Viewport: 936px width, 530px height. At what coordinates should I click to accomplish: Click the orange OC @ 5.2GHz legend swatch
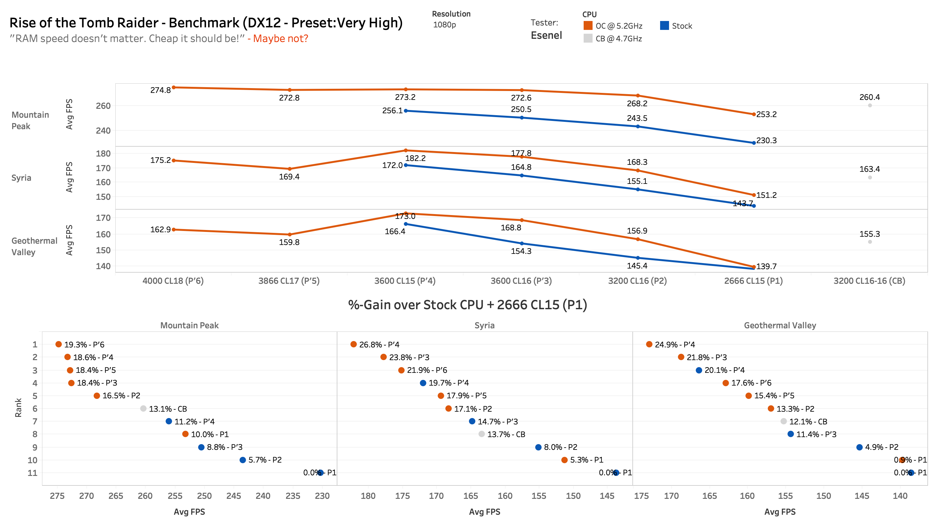587,25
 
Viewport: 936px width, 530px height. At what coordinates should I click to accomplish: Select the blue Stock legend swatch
664,25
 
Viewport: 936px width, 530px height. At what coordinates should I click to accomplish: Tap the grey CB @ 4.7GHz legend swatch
587,38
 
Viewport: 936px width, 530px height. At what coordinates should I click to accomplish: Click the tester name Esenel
546,35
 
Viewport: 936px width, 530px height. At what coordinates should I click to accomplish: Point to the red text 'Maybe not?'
280,38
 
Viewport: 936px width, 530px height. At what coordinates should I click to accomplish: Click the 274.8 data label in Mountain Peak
160,90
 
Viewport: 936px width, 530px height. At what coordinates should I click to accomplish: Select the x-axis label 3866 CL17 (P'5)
289,281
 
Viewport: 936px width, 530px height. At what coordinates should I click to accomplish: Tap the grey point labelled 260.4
870,106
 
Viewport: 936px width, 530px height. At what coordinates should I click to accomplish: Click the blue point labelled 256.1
406,111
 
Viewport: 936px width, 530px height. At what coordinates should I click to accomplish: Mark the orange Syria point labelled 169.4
289,169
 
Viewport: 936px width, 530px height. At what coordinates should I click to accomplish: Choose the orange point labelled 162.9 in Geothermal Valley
174,230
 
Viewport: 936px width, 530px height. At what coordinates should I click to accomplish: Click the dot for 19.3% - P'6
58,344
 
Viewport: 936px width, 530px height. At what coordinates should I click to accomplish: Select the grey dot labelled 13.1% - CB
143,408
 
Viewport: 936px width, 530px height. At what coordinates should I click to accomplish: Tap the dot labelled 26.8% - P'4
353,344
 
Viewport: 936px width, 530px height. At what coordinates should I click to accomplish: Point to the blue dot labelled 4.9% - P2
859,447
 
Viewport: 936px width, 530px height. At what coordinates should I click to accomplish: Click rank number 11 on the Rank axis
32,473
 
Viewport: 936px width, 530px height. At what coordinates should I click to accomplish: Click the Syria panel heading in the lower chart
484,325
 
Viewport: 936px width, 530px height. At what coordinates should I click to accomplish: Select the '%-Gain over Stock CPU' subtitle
467,305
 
